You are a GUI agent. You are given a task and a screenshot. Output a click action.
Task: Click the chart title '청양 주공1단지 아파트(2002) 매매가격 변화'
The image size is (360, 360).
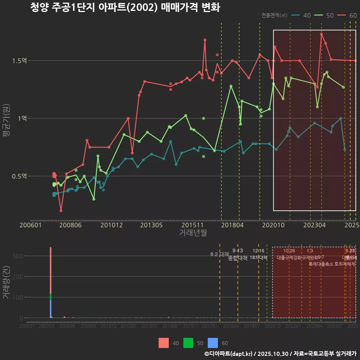(125, 7)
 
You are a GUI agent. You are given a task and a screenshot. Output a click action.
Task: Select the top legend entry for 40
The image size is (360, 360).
(301, 15)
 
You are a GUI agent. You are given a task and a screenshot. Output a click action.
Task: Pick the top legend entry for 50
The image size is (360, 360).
(324, 15)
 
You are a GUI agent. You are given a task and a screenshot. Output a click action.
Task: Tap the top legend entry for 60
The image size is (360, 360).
(347, 15)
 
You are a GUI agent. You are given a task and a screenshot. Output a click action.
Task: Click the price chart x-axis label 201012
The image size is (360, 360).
(111, 225)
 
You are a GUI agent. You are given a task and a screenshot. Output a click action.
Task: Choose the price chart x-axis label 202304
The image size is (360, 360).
(314, 225)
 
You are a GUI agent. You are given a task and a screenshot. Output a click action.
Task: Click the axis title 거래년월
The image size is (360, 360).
(193, 233)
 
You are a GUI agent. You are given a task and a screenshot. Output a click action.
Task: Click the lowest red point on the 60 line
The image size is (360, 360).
(61, 210)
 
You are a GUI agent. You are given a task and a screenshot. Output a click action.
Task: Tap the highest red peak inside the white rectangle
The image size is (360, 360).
(321, 34)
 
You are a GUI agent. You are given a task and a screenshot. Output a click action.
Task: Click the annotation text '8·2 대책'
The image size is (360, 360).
(220, 254)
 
